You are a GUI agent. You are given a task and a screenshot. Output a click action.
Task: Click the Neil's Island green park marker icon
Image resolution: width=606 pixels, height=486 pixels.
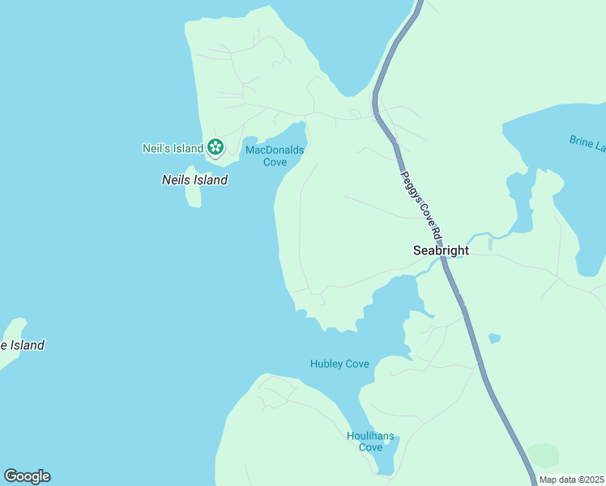[215, 147]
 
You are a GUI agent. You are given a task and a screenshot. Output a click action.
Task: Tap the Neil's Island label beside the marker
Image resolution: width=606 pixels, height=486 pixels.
[173, 148]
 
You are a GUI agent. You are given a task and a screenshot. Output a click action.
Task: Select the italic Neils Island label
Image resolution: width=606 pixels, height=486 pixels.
[194, 180]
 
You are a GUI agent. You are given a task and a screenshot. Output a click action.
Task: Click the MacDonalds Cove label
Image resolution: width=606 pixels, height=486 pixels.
[275, 156]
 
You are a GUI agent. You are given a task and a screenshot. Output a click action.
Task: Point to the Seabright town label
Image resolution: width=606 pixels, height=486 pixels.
[441, 250]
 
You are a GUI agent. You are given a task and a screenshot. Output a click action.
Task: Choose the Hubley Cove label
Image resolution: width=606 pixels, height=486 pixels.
[339, 364]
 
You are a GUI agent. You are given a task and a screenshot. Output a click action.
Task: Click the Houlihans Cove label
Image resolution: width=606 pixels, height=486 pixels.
[370, 441]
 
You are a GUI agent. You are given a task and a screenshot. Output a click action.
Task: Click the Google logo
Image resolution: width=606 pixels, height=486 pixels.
[27, 476]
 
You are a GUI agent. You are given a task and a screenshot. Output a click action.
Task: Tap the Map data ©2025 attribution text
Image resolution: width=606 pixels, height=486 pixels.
[570, 480]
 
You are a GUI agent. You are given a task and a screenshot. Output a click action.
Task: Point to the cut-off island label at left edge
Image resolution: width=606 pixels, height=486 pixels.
[22, 345]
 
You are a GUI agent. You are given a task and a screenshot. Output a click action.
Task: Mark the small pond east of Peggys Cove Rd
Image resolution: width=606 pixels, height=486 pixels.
[494, 338]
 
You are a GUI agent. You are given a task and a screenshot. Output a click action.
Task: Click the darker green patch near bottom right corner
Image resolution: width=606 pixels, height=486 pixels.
[543, 455]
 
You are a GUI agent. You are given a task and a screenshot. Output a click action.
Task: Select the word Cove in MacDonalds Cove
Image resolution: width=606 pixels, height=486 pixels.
[275, 161]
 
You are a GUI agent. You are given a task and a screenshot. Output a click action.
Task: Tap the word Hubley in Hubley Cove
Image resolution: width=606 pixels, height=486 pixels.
[327, 364]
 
